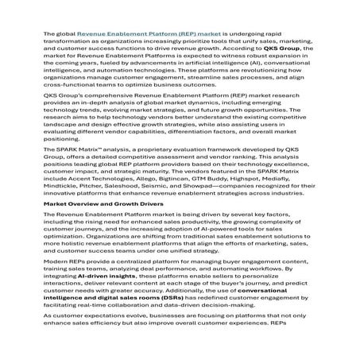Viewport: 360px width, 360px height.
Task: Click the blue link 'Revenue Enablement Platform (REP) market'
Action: coord(133,35)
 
